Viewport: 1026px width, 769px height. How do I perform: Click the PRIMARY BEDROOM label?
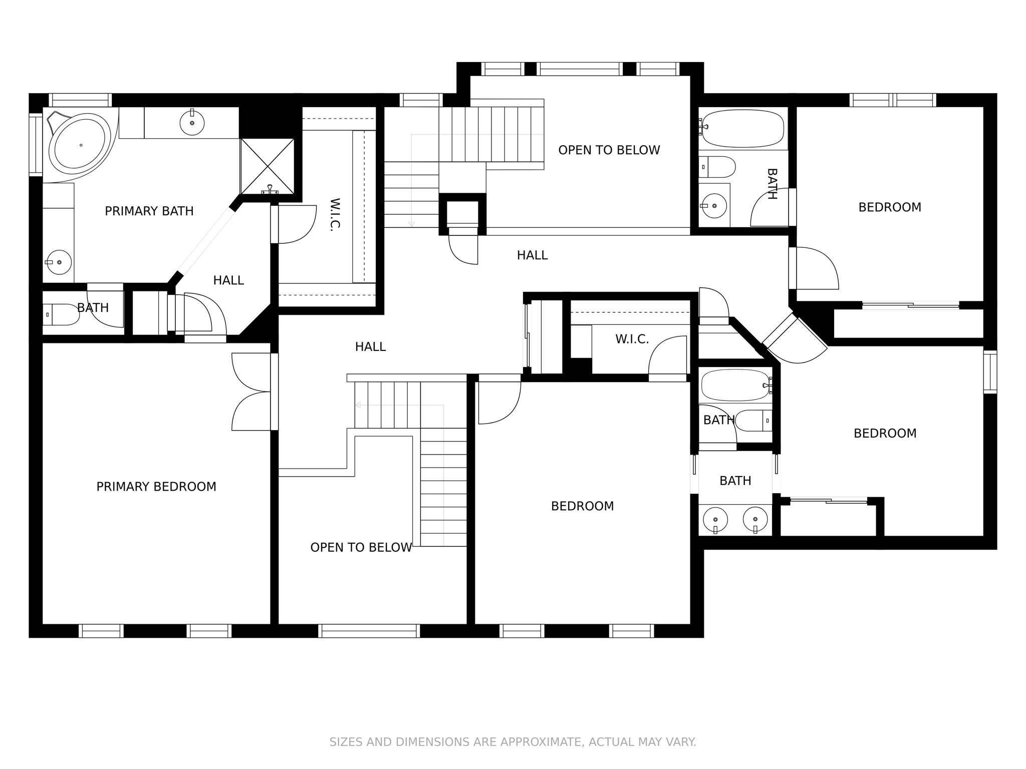156,487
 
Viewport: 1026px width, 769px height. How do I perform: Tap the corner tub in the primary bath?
80,144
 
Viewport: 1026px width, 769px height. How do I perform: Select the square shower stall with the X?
267,166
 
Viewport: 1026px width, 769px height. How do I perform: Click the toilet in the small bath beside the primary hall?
60,314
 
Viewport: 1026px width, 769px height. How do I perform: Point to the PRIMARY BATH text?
149,211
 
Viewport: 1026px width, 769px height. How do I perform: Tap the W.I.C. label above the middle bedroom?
632,339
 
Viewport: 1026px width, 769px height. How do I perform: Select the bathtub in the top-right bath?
742,128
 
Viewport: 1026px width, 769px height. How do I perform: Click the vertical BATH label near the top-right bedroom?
772,184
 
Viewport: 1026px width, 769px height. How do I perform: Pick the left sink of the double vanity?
716,519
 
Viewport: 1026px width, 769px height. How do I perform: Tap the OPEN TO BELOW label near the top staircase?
609,150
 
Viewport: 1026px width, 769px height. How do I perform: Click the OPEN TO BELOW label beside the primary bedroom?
361,548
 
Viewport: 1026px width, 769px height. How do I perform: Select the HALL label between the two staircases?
370,346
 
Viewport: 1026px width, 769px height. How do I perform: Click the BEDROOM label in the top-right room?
889,207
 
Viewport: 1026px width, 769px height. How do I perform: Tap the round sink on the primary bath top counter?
192,122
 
